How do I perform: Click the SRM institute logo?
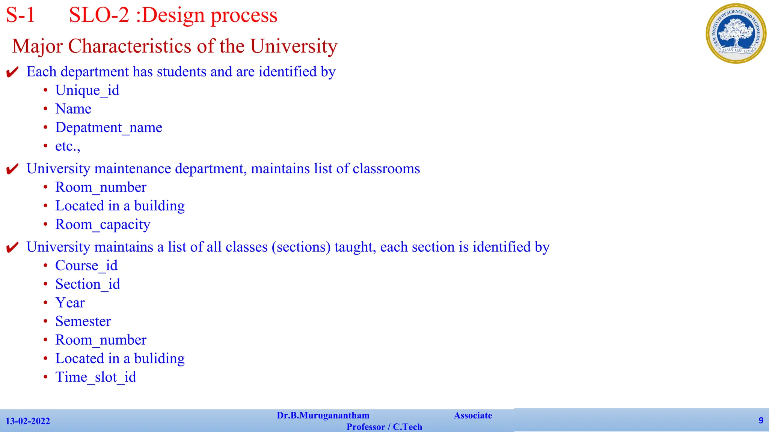(x=736, y=33)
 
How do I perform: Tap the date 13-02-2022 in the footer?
(x=28, y=421)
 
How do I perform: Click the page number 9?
(x=761, y=420)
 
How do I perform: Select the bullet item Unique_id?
(x=87, y=90)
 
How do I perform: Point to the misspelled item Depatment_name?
(x=109, y=127)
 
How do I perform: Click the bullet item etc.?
(x=68, y=146)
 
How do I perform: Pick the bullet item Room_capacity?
(x=103, y=225)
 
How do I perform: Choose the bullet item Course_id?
(x=86, y=266)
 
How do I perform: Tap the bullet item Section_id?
(x=87, y=284)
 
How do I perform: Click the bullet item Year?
(x=70, y=303)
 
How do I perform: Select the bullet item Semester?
(x=83, y=321)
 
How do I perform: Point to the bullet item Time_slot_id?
(x=95, y=377)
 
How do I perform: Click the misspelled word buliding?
(x=159, y=359)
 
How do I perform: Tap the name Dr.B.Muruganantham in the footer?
(x=323, y=415)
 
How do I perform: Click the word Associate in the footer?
(x=473, y=415)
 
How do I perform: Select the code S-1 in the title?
(x=20, y=16)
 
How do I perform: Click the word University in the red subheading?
(x=294, y=46)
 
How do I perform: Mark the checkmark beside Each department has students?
(x=12, y=72)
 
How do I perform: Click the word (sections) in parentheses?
(x=301, y=247)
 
